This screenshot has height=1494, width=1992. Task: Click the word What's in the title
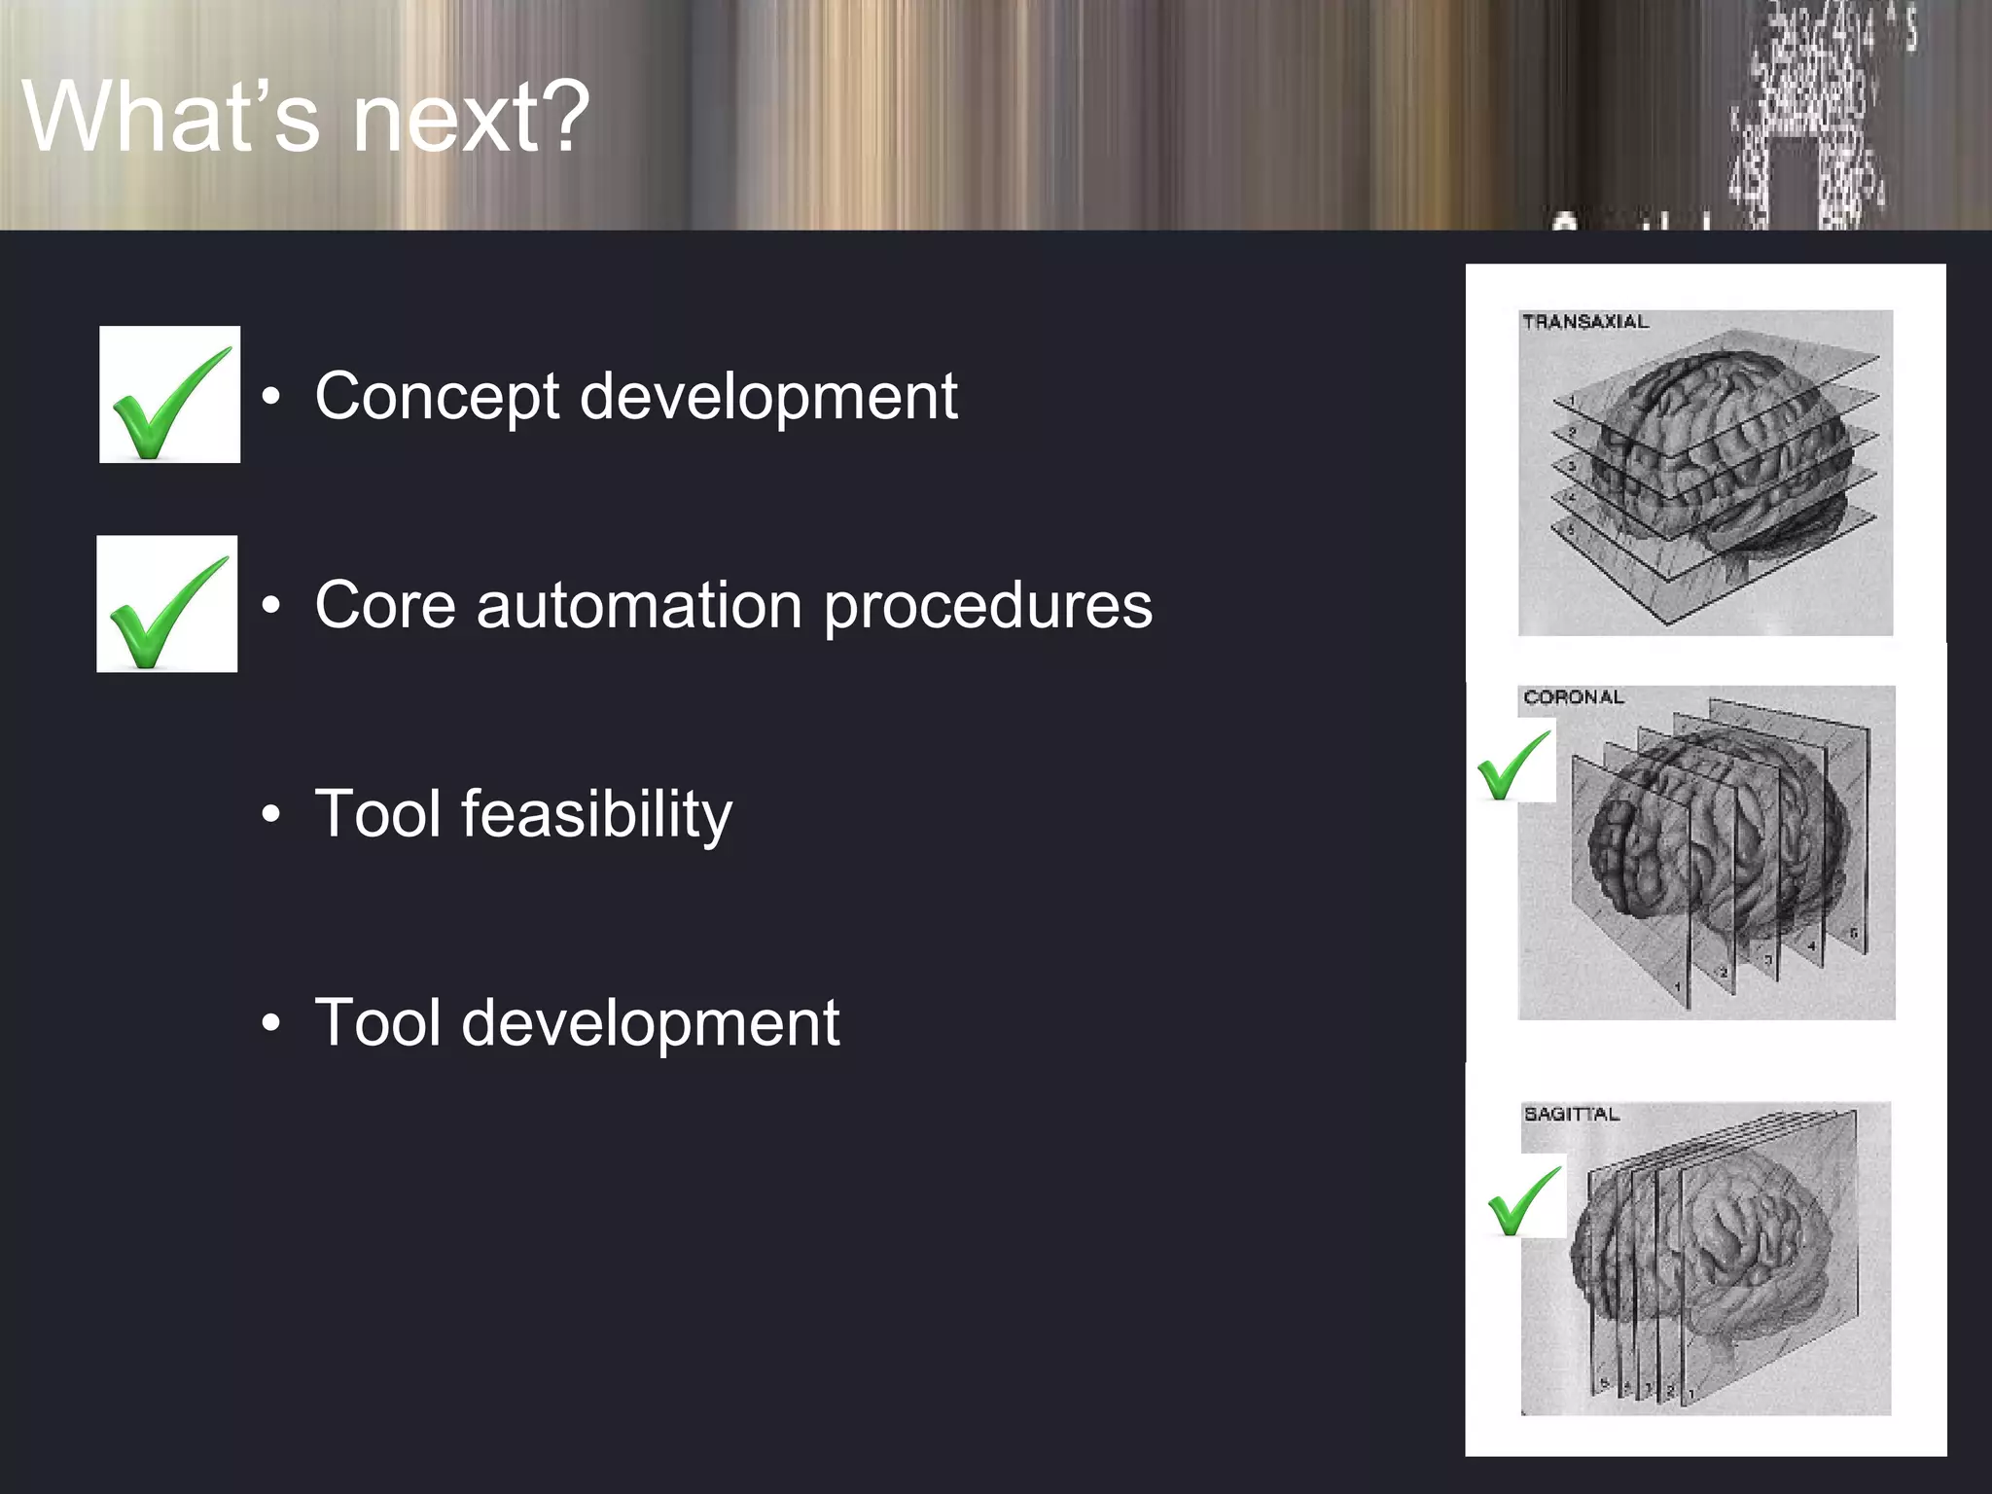click(x=170, y=117)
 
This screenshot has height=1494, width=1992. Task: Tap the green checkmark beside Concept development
click(x=170, y=399)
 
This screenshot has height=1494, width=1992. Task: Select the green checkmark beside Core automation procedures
click(x=167, y=608)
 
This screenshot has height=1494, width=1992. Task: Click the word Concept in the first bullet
click(x=437, y=397)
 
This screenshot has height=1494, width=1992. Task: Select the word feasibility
click(x=596, y=815)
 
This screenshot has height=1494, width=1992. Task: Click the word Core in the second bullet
click(x=385, y=605)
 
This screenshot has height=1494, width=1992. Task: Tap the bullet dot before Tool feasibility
click(x=271, y=814)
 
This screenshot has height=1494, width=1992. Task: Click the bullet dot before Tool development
click(x=271, y=1023)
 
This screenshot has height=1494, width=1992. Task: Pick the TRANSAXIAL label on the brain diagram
click(x=1584, y=322)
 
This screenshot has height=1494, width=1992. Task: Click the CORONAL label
click(x=1573, y=697)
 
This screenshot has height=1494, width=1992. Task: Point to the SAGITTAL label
click(x=1571, y=1114)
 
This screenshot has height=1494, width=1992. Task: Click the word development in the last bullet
click(x=650, y=1023)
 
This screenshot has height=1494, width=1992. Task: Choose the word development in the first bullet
click(x=768, y=397)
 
